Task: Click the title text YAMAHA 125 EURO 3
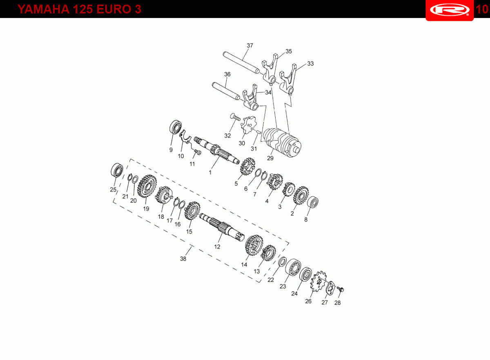79,9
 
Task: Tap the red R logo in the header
450,10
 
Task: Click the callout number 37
250,45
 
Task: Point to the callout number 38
183,259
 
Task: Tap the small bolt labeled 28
341,289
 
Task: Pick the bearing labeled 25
117,170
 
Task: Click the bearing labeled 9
176,127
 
